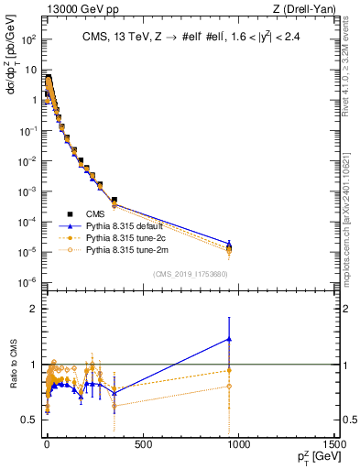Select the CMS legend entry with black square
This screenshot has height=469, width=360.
83,213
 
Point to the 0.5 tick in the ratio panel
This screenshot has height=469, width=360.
29,420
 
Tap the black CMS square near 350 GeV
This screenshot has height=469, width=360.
115,200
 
